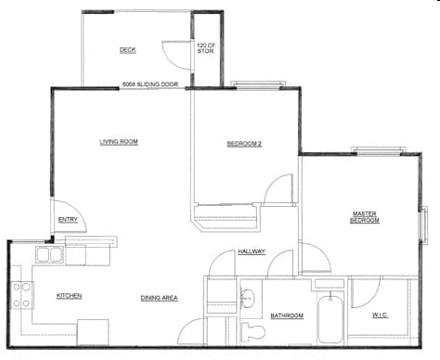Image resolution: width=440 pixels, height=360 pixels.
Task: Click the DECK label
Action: [x=128, y=50]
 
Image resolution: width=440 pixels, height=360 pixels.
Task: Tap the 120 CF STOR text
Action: [x=205, y=48]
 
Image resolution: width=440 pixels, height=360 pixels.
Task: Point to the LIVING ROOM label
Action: [x=119, y=142]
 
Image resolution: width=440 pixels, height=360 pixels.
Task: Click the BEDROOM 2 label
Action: [x=245, y=143]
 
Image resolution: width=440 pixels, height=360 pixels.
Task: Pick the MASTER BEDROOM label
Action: [x=364, y=216]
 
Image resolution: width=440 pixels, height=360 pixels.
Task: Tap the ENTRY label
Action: [x=68, y=220]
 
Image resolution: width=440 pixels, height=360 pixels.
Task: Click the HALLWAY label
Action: [x=251, y=251]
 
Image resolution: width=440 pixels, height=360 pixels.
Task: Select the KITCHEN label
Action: [x=70, y=296]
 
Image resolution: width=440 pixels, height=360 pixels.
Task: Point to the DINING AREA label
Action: [x=159, y=298]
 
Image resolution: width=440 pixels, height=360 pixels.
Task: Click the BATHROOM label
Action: [x=287, y=316]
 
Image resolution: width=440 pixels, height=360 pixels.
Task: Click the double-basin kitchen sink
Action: [x=49, y=255]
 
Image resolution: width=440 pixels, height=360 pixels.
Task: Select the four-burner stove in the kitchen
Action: [x=21, y=295]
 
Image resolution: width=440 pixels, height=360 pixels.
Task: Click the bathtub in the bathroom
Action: [x=330, y=319]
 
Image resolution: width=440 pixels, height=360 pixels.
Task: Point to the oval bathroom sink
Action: [x=248, y=299]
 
